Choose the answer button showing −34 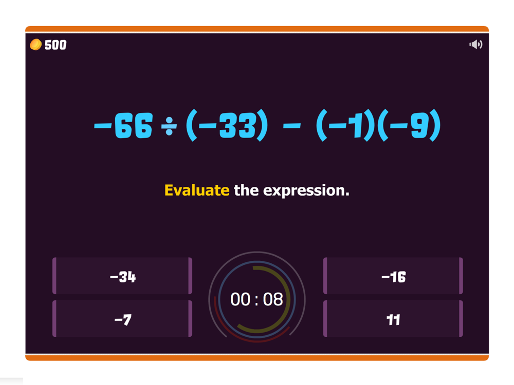click(122, 276)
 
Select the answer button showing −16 click(393, 276)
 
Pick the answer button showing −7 click(122, 319)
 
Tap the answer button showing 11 click(393, 319)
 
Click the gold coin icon click(36, 45)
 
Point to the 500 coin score click(56, 45)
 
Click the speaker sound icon click(475, 44)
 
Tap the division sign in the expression click(169, 126)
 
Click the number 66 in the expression click(134, 125)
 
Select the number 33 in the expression click(237, 125)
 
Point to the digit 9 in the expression click(419, 125)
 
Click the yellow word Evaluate click(197, 190)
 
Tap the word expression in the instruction click(306, 191)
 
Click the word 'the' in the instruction click(246, 190)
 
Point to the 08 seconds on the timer click(273, 299)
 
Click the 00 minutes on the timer click(241, 299)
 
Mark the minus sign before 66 click(103, 126)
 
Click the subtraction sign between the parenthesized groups click(292, 126)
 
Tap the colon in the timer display click(256, 300)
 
